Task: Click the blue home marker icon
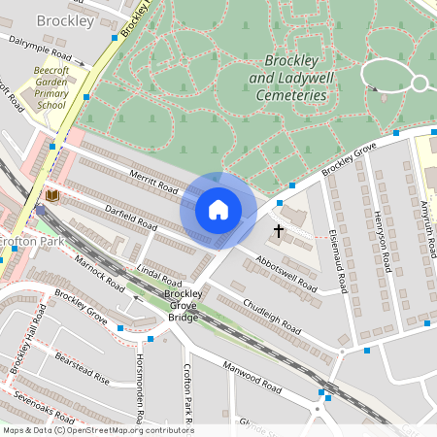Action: (x=218, y=209)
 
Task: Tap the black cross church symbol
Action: (x=279, y=231)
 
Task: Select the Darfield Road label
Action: (x=131, y=212)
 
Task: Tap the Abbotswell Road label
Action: (x=286, y=274)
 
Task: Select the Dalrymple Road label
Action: (x=42, y=50)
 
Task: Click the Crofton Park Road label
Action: (x=187, y=393)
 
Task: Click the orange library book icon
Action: (x=52, y=197)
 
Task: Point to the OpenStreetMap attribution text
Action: (x=97, y=430)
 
